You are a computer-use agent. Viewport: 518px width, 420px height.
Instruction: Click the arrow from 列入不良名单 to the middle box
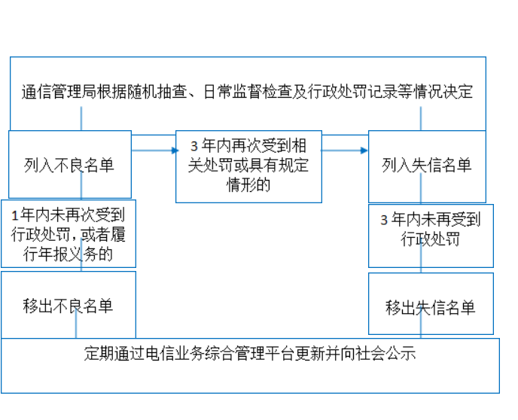coord(155,151)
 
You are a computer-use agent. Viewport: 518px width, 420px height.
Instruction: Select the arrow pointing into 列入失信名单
coord(344,151)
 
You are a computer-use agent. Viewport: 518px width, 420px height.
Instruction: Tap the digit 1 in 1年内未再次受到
coord(14,216)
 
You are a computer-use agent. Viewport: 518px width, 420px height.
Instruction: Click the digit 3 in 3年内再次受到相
coord(194,146)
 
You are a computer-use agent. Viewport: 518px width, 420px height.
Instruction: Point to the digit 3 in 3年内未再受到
coord(384,220)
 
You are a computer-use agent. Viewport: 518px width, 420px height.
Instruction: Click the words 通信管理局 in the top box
coord(59,92)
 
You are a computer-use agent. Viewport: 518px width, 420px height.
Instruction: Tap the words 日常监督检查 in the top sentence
coord(248,92)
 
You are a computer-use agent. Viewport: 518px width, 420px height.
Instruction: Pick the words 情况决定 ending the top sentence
coord(443,92)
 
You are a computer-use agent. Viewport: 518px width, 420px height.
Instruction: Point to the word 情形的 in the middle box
coord(248,184)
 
